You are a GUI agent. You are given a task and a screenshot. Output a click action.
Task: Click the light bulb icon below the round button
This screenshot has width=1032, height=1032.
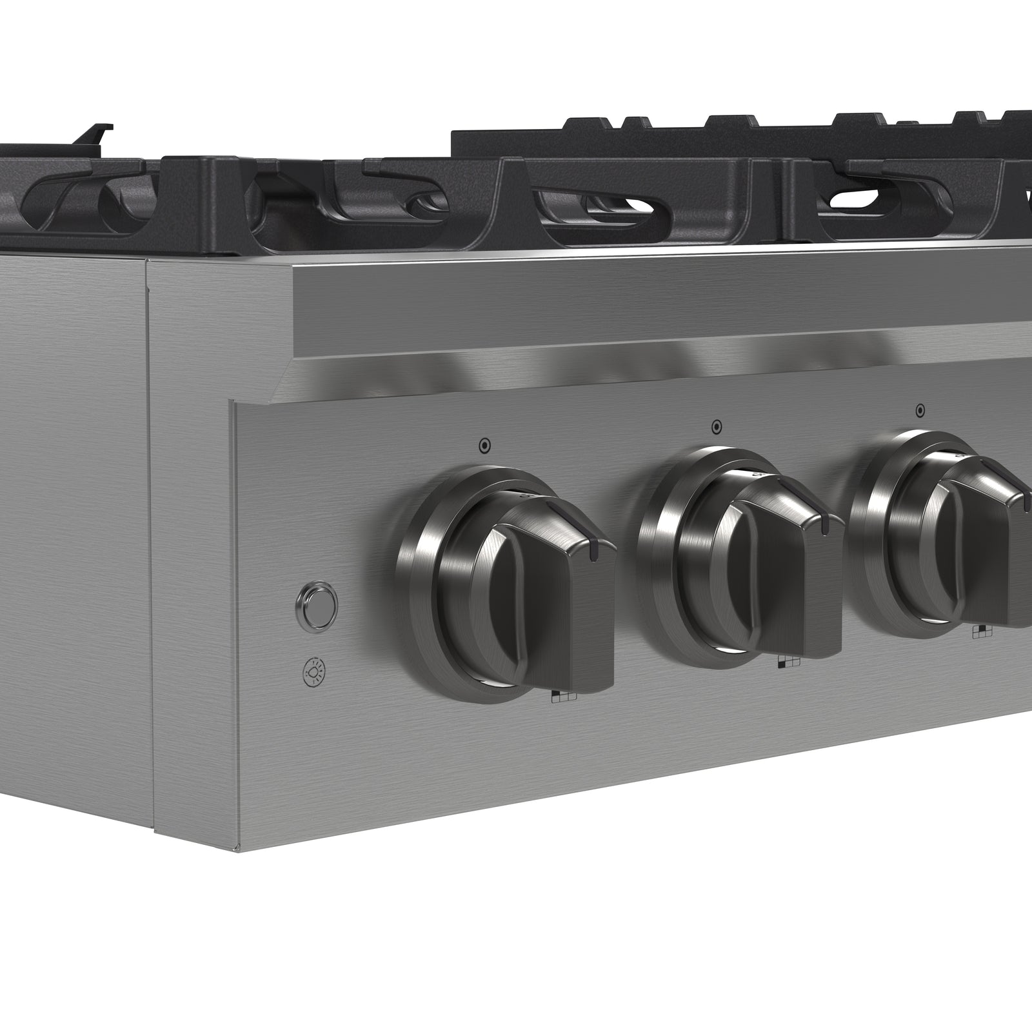click(315, 672)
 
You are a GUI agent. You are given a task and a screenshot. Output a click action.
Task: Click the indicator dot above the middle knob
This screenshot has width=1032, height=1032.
click(717, 426)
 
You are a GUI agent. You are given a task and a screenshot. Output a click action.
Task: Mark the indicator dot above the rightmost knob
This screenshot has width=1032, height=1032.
click(920, 410)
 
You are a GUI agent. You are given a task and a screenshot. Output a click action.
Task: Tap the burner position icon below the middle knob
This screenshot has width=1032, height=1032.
click(788, 662)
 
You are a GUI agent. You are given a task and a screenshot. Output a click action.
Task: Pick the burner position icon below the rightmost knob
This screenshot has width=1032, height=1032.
click(983, 632)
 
